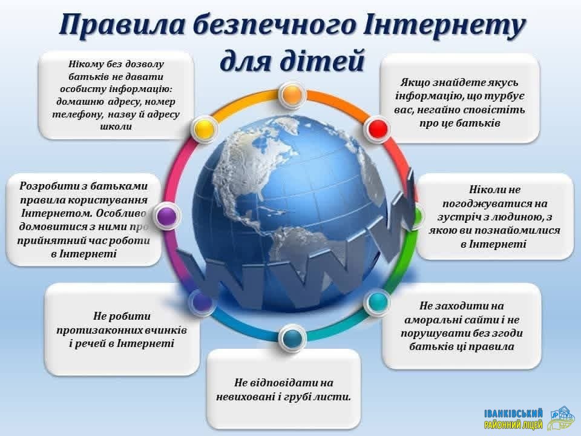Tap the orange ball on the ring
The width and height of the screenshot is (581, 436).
coord(292,94)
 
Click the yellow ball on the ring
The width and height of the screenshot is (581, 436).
coord(204,129)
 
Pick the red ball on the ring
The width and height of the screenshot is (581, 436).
coord(378,128)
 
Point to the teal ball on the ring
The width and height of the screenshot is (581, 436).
coord(377,302)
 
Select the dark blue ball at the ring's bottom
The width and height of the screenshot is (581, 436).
coord(292,338)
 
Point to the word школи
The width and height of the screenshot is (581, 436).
coord(116,127)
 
